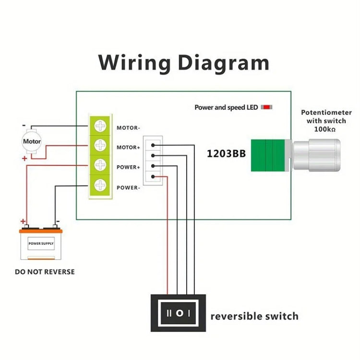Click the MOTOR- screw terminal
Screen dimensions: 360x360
tap(100, 126)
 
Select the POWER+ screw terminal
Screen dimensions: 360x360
tap(100, 165)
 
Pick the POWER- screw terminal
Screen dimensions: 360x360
tap(100, 185)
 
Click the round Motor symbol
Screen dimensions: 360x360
tap(32, 142)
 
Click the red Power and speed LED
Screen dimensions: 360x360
tap(266, 107)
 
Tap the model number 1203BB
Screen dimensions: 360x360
tap(226, 154)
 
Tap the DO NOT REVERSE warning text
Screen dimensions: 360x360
tap(45, 272)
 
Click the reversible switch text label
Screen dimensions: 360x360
tap(254, 316)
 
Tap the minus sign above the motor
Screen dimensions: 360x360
tap(23, 126)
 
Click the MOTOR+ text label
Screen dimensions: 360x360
tap(128, 148)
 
